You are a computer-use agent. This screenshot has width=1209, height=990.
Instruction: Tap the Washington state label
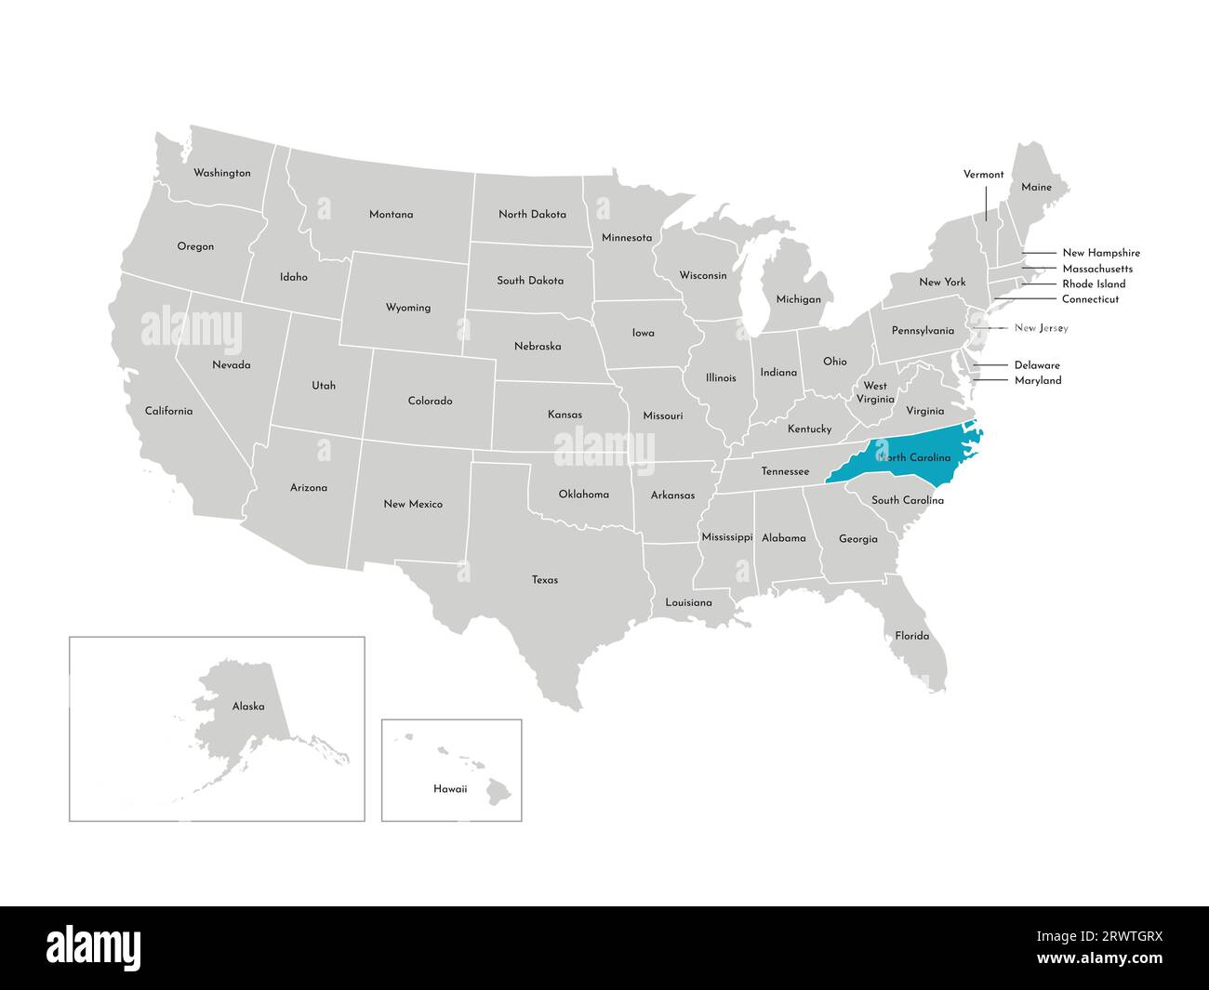point(221,173)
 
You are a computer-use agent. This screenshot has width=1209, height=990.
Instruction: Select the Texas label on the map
point(545,580)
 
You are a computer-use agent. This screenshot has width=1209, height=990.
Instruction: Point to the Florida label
point(911,636)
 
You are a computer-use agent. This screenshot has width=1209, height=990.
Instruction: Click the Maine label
point(1036,187)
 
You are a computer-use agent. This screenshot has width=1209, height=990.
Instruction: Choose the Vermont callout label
point(983,175)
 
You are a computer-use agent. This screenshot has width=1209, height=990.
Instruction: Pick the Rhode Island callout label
point(1094,284)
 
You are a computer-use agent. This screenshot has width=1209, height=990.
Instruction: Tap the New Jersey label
point(1041,328)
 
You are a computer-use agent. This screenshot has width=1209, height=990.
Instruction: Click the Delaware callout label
point(1037,365)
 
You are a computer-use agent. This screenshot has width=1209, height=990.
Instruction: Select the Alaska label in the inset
point(248,706)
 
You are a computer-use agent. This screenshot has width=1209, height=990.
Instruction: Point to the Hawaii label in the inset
point(450,789)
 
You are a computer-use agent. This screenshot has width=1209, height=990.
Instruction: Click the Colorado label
point(430,402)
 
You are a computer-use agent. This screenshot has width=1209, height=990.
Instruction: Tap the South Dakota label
point(530,281)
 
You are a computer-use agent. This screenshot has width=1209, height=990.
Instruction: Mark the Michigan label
point(799,299)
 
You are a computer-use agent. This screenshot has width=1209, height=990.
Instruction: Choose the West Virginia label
point(875,392)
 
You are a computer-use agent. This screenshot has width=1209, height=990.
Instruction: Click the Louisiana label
point(688,603)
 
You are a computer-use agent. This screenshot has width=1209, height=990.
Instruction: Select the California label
point(168,411)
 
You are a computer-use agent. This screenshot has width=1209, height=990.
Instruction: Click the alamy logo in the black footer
point(94,948)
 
